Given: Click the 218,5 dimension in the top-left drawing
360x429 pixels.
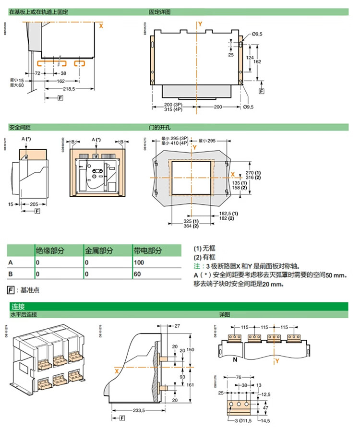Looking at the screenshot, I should pos(72,89).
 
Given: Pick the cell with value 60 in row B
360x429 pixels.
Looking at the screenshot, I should pos(138,274).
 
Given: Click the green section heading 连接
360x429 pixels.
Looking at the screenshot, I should pos(18,306).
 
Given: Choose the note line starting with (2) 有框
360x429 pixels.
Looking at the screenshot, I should pos(204,257).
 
